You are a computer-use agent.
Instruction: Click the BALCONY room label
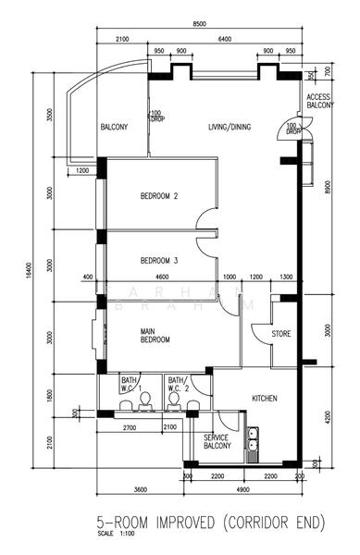tap(114, 127)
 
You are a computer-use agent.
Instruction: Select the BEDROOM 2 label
tap(159, 195)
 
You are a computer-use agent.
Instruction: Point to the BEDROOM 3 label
tap(159, 260)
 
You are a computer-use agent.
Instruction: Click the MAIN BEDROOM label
tap(155, 335)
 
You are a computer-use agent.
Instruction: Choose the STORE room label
tap(281, 333)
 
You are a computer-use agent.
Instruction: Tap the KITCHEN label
tap(265, 399)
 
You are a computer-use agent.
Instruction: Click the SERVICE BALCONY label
tap(217, 441)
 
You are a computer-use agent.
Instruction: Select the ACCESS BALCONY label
tap(318, 102)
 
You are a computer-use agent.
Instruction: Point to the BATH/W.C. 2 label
tap(177, 383)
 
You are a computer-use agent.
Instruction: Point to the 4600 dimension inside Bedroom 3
tap(162, 277)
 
